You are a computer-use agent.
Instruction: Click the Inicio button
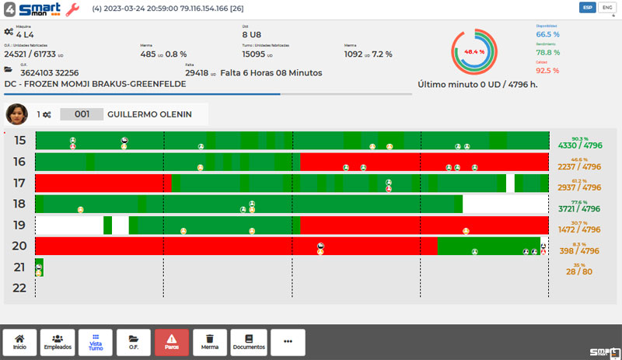click(x=19, y=342)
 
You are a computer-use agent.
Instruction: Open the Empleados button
click(x=58, y=342)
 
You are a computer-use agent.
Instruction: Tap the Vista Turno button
click(x=96, y=342)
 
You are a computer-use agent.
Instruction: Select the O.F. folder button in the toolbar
click(x=134, y=342)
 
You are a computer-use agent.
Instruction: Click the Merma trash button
click(x=210, y=342)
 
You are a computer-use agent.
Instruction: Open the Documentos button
click(x=249, y=342)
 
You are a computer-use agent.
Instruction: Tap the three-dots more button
click(x=288, y=342)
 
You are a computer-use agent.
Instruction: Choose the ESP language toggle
click(x=588, y=8)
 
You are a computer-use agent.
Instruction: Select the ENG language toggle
click(x=606, y=8)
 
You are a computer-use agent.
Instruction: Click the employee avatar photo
click(x=16, y=114)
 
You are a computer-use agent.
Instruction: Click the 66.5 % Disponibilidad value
click(x=547, y=34)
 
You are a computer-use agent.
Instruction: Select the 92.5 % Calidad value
click(x=547, y=70)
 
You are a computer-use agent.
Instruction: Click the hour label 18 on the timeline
click(x=19, y=204)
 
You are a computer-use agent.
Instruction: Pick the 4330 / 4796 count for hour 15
click(x=579, y=145)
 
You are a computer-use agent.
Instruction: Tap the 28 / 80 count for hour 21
click(x=579, y=271)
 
